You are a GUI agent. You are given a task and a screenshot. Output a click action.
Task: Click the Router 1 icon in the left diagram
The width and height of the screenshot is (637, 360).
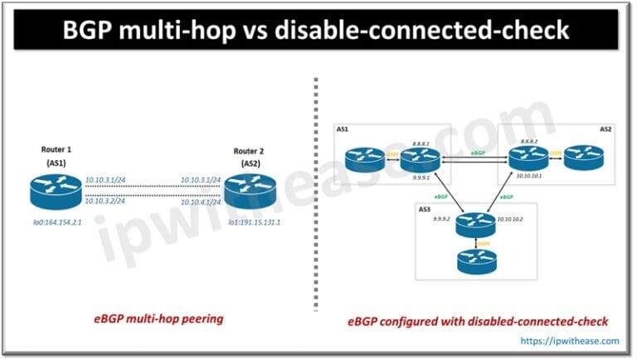51,190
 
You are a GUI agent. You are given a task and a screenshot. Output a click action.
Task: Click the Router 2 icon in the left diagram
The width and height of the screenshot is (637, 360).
247,190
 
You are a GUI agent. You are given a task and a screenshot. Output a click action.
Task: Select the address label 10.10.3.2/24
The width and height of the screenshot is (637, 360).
105,201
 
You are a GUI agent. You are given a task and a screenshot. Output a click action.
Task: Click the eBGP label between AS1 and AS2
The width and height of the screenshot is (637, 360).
478,153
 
